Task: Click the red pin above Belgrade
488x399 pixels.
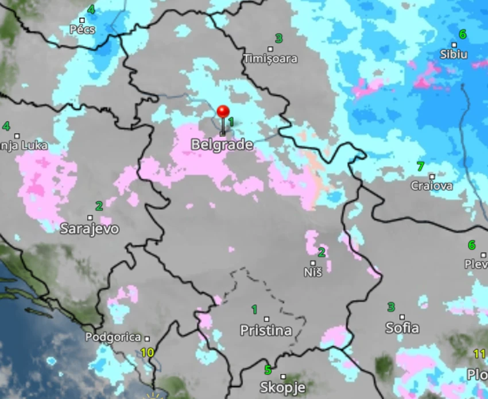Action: pyautogui.click(x=223, y=112)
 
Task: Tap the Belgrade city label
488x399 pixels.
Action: pyautogui.click(x=222, y=145)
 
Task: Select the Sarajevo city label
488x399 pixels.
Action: pyautogui.click(x=90, y=228)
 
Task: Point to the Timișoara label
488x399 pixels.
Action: pyautogui.click(x=270, y=59)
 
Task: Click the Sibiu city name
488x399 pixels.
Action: pyautogui.click(x=454, y=55)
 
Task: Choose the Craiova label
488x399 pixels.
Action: pyautogui.click(x=431, y=185)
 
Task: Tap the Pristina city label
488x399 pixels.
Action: pyautogui.click(x=266, y=331)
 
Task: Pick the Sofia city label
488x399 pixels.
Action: pyautogui.click(x=402, y=328)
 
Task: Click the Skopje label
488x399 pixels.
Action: pyautogui.click(x=282, y=387)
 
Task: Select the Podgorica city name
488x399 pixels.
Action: pyautogui.click(x=113, y=338)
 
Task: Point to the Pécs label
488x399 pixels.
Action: pyautogui.click(x=82, y=29)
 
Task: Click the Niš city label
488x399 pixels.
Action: pyautogui.click(x=313, y=272)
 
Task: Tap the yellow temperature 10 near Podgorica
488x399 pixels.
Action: pyautogui.click(x=147, y=352)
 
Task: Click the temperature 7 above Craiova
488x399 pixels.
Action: pyautogui.click(x=420, y=166)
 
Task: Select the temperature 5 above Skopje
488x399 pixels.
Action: pyautogui.click(x=268, y=370)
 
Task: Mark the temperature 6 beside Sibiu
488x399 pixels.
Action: pyautogui.click(x=462, y=34)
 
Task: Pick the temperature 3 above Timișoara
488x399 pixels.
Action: pyautogui.click(x=279, y=38)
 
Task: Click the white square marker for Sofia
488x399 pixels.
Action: pyautogui.click(x=402, y=317)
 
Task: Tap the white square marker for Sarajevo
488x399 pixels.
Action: pyautogui.click(x=90, y=218)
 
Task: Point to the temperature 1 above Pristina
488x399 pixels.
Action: pyautogui.click(x=254, y=309)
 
